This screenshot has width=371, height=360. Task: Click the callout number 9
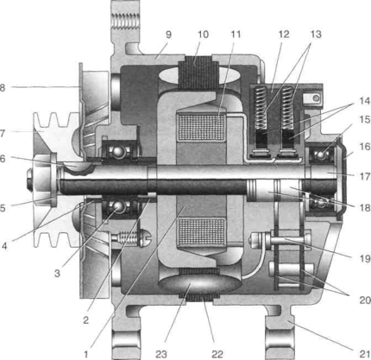coord(168,35)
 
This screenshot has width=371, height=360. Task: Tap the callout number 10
coord(203,35)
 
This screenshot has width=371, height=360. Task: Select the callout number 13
coord(316,35)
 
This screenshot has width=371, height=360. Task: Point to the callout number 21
coord(364,354)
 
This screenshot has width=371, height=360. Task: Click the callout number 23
coord(161,354)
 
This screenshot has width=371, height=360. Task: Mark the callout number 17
coord(365,176)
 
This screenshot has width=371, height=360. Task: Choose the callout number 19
coord(365,259)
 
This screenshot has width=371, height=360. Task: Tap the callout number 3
coord(57,273)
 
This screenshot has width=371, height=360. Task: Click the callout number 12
coord(284,35)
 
